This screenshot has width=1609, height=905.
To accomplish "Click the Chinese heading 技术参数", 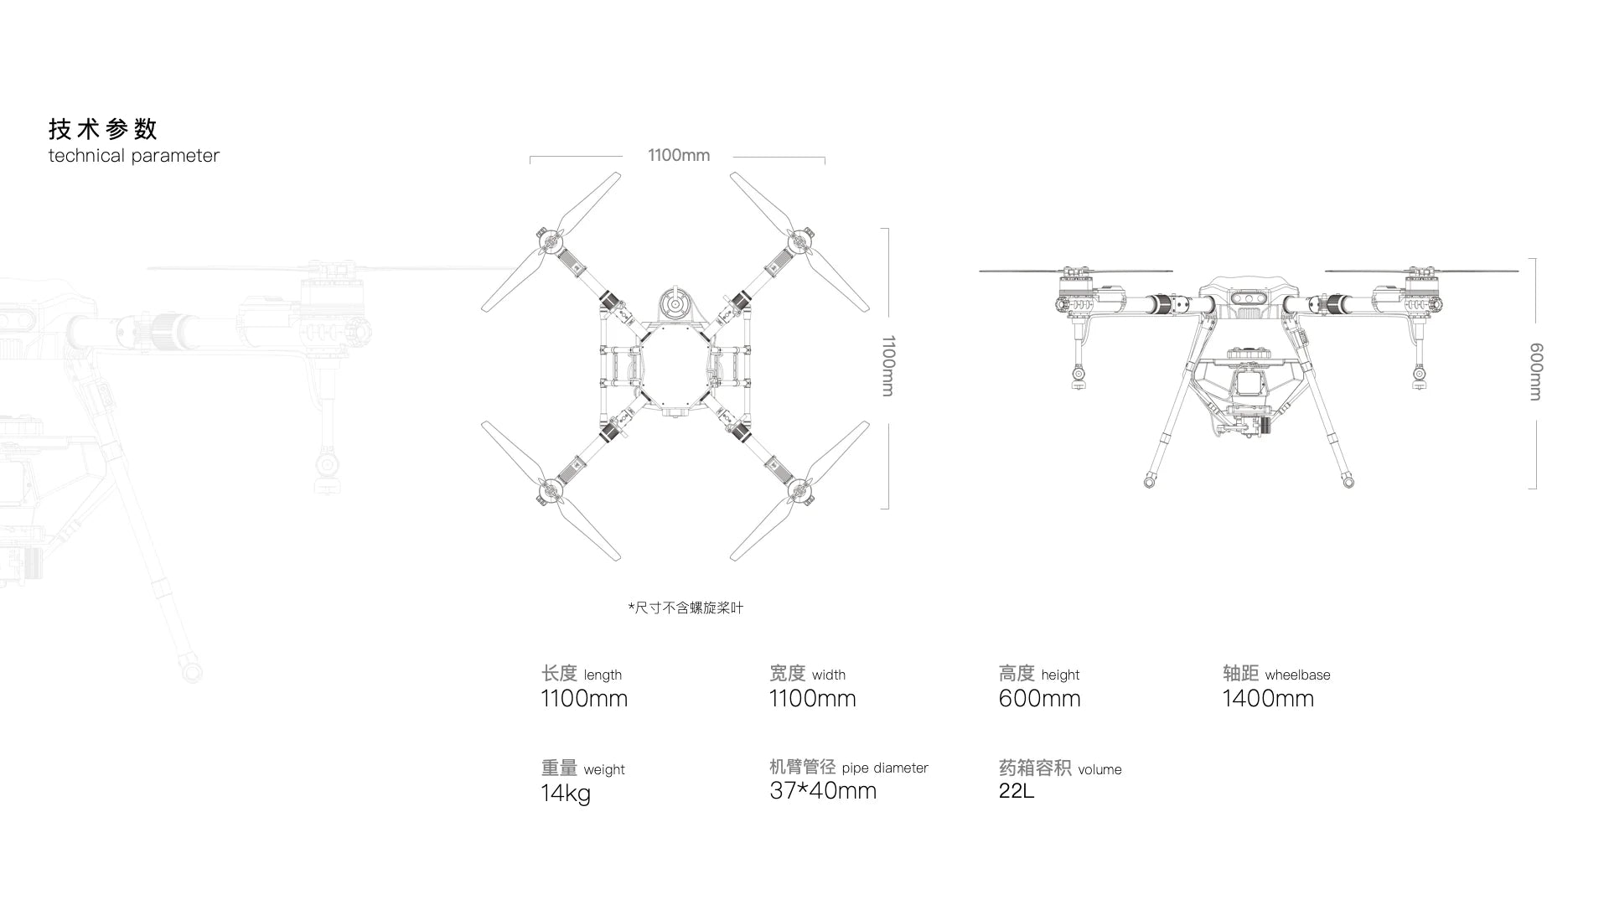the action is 103,129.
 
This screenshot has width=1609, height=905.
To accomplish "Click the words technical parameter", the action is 134,156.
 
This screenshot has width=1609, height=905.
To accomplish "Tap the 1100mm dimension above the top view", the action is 679,155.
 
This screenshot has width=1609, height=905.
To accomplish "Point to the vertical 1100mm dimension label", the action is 888,366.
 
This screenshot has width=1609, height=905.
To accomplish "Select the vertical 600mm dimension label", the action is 1536,371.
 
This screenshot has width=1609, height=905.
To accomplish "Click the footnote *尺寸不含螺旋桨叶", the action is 686,608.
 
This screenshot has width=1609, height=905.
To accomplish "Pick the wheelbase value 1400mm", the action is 1268,698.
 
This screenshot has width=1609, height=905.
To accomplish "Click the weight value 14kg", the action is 566,793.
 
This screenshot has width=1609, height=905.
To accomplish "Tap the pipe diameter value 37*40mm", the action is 823,790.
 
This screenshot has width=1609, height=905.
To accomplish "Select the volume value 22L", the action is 1017,790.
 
